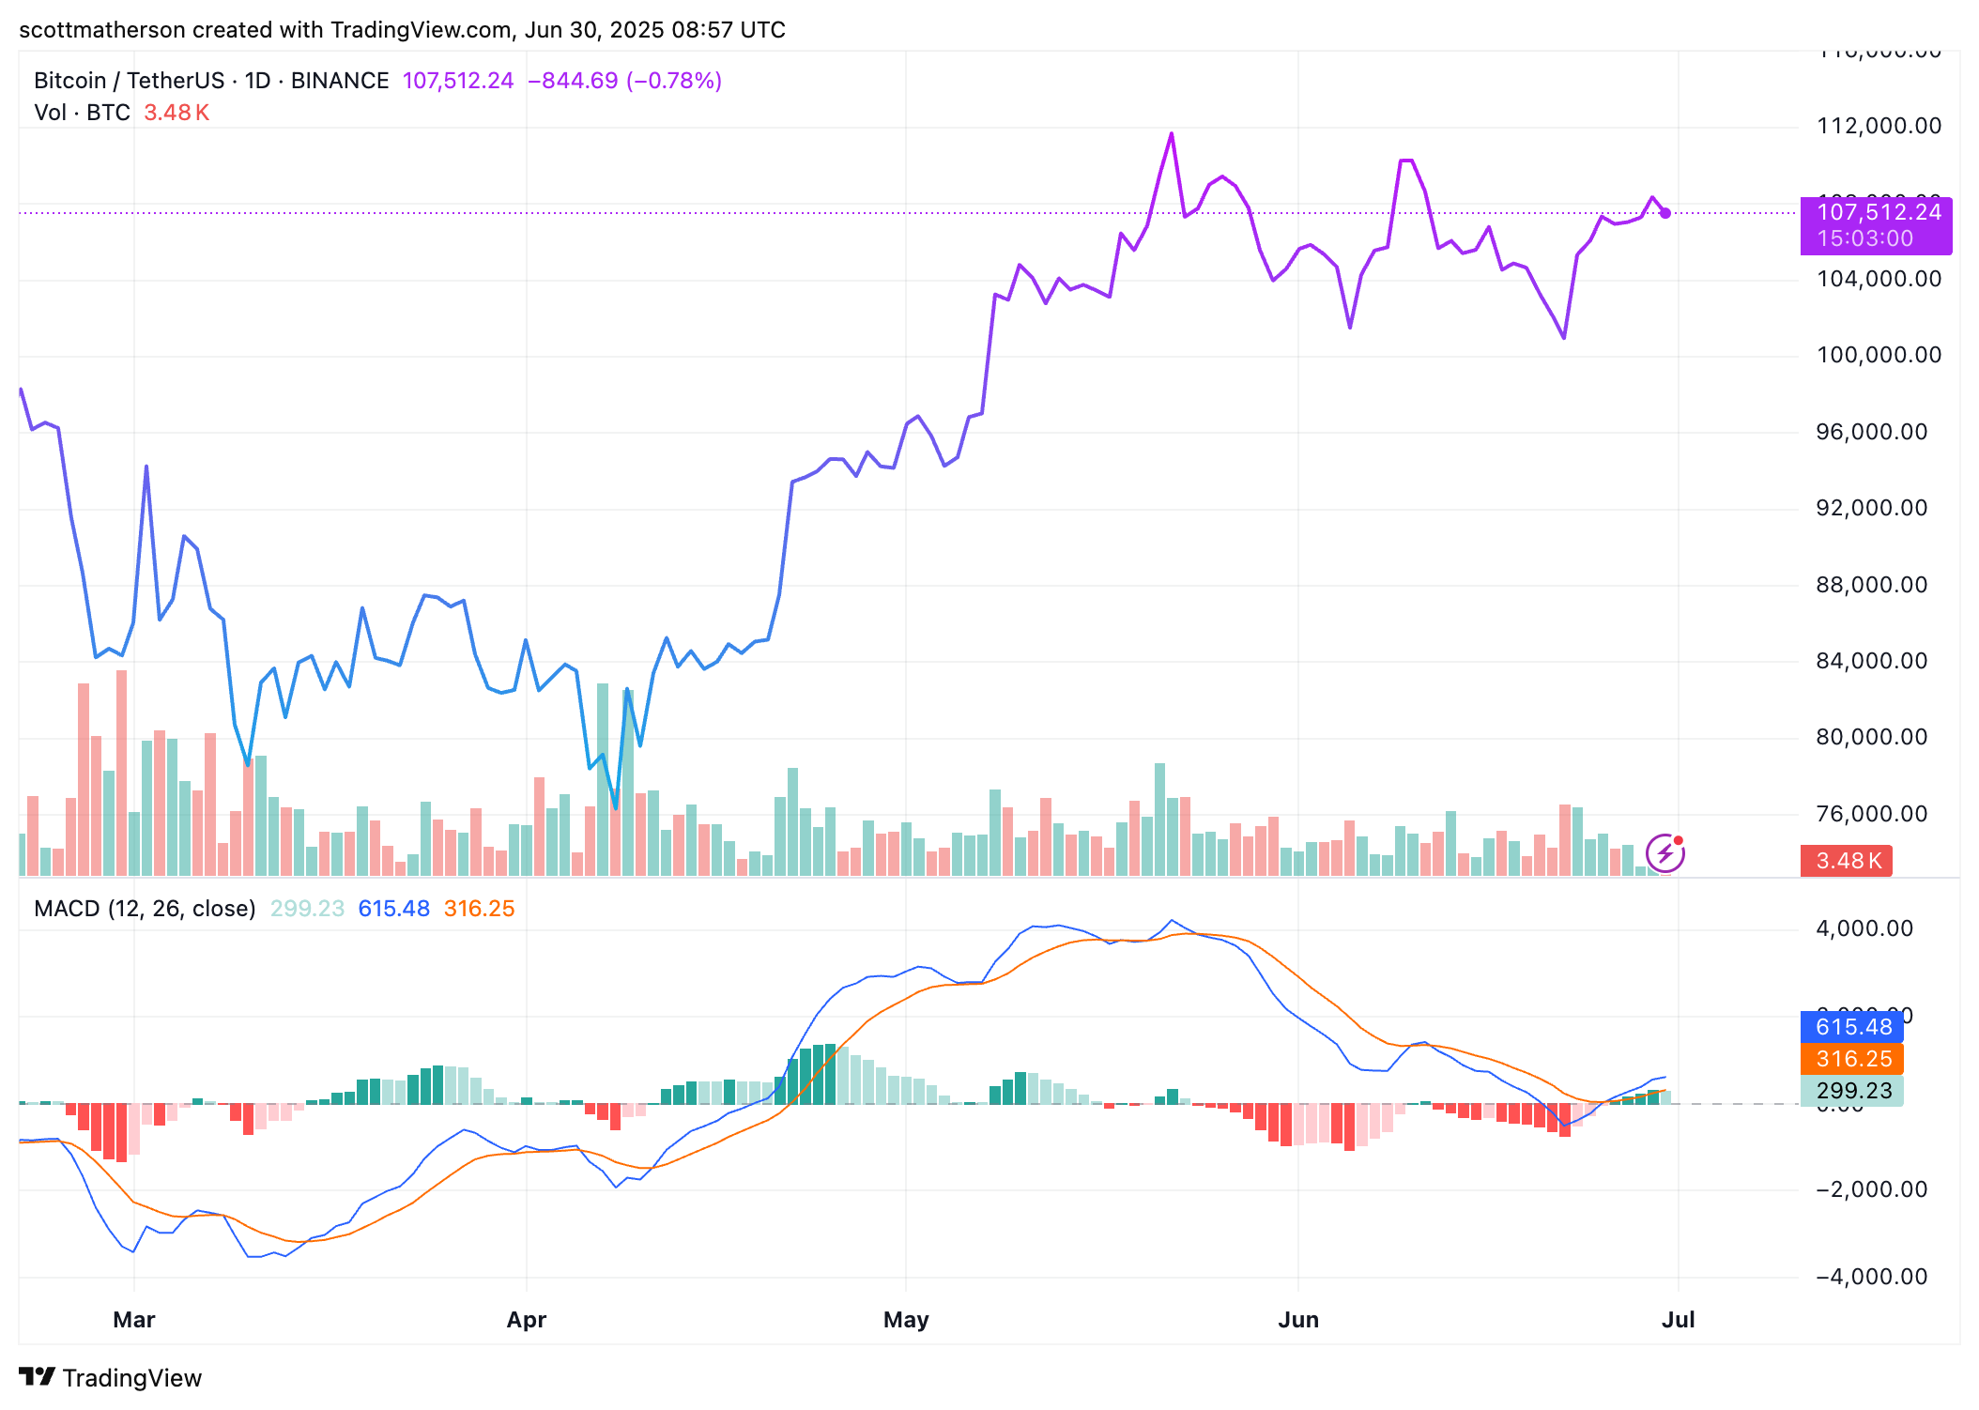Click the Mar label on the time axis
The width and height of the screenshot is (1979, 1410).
133,1319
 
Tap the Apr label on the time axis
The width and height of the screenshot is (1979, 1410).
526,1319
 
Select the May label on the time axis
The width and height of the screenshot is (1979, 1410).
906,1319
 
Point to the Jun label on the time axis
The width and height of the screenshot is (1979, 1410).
1298,1319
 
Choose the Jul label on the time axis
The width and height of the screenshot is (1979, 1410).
1678,1319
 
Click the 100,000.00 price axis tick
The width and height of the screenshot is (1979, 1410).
1879,355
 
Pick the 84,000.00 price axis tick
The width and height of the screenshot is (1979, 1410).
1879,661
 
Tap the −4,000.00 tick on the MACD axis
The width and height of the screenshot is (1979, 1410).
1872,1277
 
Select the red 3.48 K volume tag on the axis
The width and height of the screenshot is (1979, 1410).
1846,861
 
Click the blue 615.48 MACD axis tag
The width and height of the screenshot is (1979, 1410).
1851,1027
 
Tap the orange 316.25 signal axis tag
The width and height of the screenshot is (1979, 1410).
1851,1059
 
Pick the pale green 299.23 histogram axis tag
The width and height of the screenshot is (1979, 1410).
1851,1091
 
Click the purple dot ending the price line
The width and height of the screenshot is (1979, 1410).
1665,213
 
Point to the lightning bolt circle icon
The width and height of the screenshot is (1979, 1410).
1665,853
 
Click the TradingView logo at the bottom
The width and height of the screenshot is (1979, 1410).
110,1377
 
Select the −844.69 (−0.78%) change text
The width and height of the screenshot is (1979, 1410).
624,81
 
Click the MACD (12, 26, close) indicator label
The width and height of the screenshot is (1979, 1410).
145,909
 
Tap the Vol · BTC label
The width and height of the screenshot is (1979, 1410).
82,113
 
